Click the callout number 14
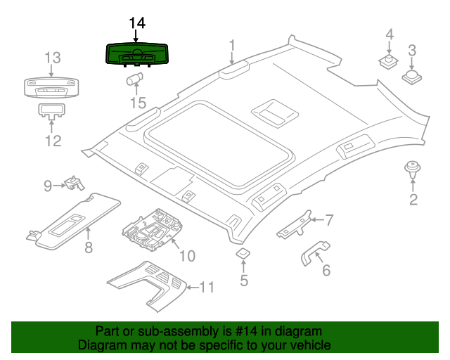click(137, 23)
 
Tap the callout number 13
click(53, 57)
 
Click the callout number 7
click(329, 220)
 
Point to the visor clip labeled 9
click(74, 184)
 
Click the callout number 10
click(186, 255)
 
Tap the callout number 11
click(205, 287)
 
